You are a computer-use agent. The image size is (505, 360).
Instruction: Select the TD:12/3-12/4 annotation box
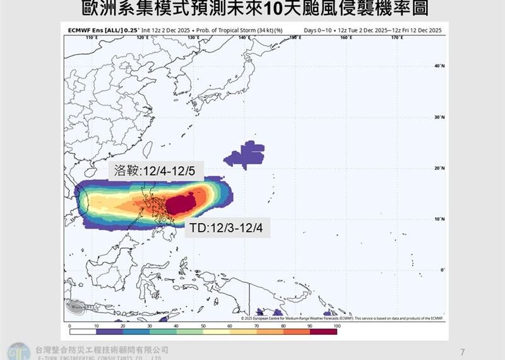tap(227, 229)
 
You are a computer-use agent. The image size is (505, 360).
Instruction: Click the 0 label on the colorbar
tap(69, 326)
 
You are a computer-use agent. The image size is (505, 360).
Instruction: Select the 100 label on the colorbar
tap(336, 326)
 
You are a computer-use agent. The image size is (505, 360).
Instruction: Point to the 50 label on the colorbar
tap(203, 326)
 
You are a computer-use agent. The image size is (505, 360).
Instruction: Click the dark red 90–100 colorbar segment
tap(323, 332)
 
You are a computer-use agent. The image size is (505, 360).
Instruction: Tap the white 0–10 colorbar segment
tap(83, 332)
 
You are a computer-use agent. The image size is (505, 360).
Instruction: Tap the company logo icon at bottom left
tap(17, 351)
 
